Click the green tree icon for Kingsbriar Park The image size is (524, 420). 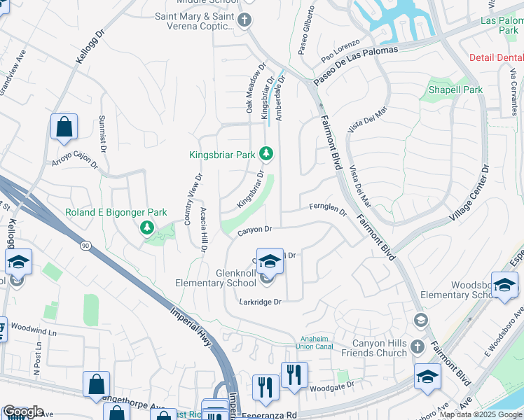(x=266, y=153)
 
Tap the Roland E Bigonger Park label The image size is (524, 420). (x=116, y=212)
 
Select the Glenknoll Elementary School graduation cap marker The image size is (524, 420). (x=269, y=262)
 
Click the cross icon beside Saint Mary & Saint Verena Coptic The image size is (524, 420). (x=244, y=20)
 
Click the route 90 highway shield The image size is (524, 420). (x=85, y=246)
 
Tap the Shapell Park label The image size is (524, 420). (x=455, y=90)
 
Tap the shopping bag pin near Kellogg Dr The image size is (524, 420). (x=64, y=127)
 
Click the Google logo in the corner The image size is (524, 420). (x=22, y=412)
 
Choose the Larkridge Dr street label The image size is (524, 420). (x=259, y=302)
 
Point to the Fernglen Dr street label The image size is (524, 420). (x=328, y=208)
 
